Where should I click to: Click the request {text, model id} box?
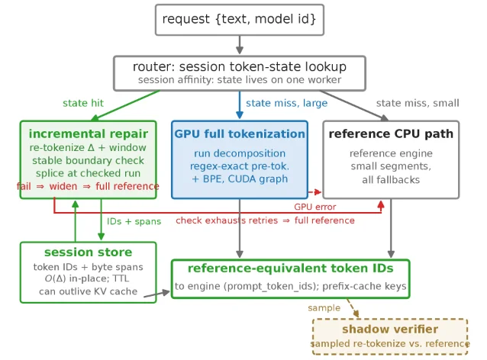pyautogui.click(x=240, y=20)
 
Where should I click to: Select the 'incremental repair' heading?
pyautogui.click(x=89, y=133)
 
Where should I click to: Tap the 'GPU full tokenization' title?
pyautogui.click(x=240, y=133)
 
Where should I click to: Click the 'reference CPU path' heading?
pyautogui.click(x=391, y=133)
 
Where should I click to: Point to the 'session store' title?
pyautogui.click(x=89, y=252)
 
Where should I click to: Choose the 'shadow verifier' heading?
pyautogui.click(x=390, y=329)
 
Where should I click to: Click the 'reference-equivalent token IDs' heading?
pyautogui.click(x=290, y=268)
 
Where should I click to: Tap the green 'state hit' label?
pyautogui.click(x=83, y=103)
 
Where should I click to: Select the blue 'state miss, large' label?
pyautogui.click(x=287, y=103)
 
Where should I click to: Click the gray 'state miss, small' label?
pyautogui.click(x=418, y=103)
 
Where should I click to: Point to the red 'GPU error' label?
pyautogui.click(x=315, y=207)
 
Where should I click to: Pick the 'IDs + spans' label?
pyautogui.click(x=134, y=221)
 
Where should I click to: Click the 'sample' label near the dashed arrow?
pyautogui.click(x=324, y=308)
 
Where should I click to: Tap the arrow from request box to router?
pyautogui.click(x=240, y=45)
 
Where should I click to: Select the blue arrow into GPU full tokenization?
pyautogui.click(x=240, y=105)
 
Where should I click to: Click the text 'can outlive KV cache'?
pyautogui.click(x=89, y=291)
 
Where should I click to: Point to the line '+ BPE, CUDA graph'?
pyautogui.click(x=240, y=179)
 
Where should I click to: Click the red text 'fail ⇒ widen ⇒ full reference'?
pyautogui.click(x=88, y=186)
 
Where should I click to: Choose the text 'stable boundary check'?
pyautogui.click(x=89, y=160)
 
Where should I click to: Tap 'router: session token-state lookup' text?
pyautogui.click(x=240, y=66)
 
